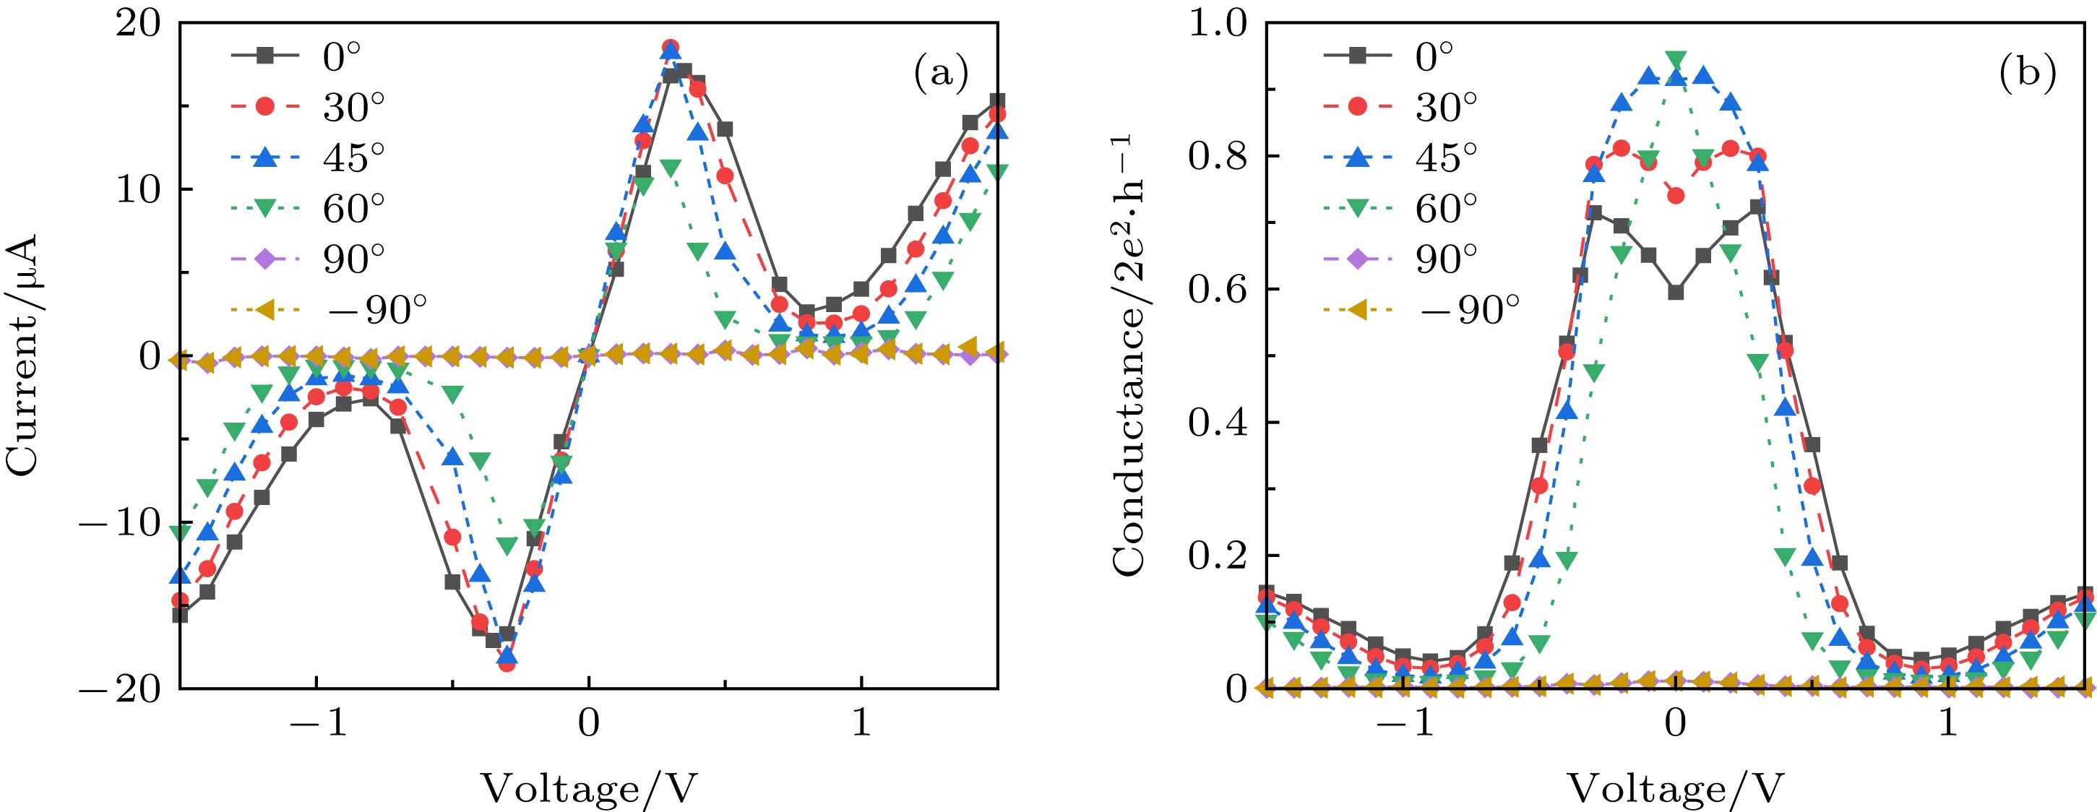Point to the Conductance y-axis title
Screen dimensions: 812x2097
click(1127, 356)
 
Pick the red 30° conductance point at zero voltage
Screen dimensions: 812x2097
click(1675, 196)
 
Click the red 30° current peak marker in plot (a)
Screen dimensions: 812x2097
click(670, 47)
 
